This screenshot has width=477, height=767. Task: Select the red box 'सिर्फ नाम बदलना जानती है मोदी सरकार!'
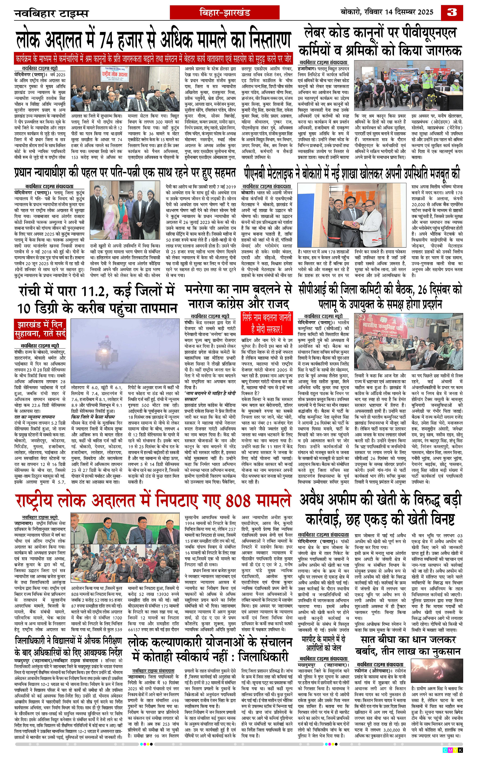coord(267,324)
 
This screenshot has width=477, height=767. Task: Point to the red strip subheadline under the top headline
coord(153,59)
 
